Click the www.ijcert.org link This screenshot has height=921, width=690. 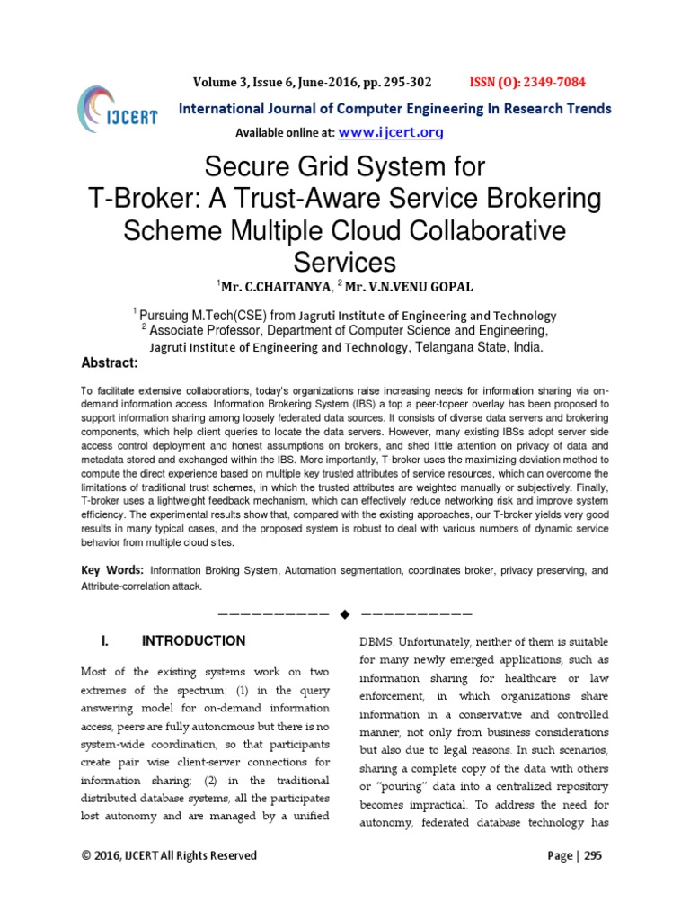tap(391, 132)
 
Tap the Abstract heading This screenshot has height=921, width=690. tap(109, 362)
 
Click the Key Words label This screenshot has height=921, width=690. tap(112, 570)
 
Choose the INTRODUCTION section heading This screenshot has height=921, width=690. tap(193, 641)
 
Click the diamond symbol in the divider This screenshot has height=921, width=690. tap(344, 614)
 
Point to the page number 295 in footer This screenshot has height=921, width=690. tap(593, 855)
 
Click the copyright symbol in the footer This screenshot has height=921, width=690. tap(86, 855)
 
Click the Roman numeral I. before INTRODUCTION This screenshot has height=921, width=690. tap(105, 641)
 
